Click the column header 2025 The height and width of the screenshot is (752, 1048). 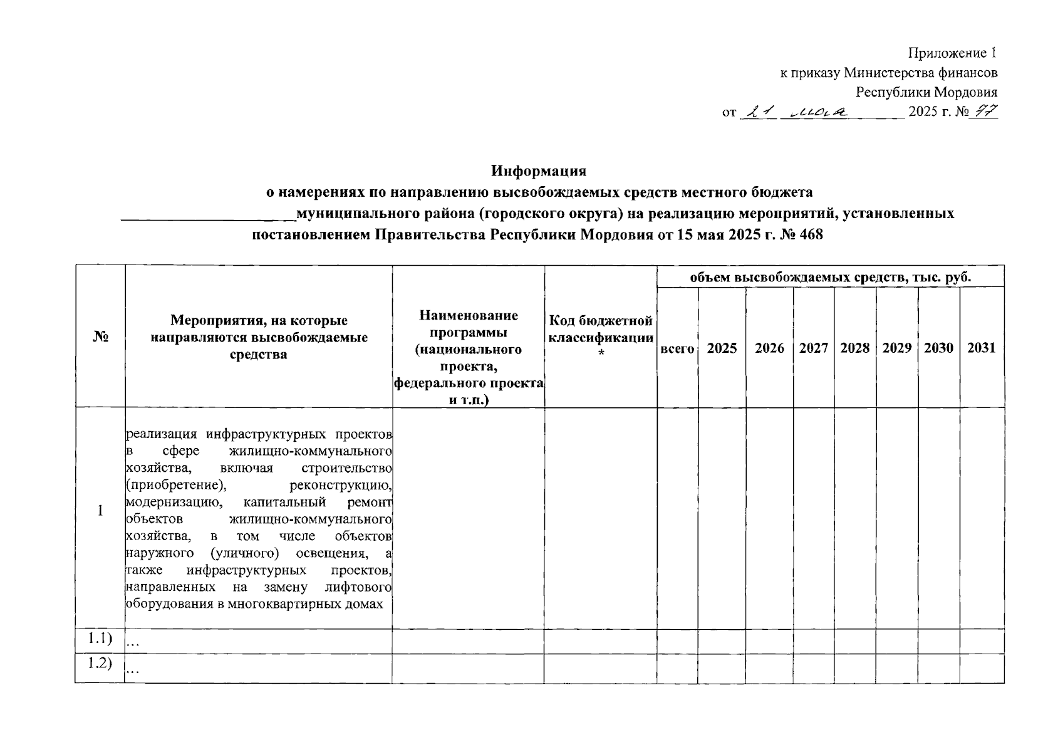(722, 348)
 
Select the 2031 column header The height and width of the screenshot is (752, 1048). (981, 348)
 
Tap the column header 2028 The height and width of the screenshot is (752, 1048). (854, 348)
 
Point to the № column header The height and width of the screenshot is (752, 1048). (100, 337)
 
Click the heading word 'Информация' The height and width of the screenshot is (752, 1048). (538, 170)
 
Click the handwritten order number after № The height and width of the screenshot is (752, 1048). (985, 112)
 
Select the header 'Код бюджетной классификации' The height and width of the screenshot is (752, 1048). (600, 337)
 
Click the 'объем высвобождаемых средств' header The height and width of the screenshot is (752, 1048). (830, 276)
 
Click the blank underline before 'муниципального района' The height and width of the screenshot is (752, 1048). (207, 217)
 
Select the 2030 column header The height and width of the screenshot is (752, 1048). (938, 348)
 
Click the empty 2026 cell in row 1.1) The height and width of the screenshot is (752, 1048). (769, 640)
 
